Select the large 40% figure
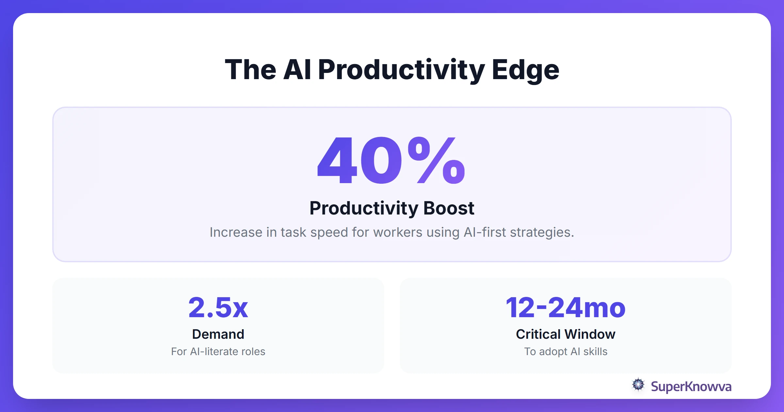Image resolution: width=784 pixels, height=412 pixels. tap(391, 160)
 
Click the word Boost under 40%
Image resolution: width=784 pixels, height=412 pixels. tap(449, 208)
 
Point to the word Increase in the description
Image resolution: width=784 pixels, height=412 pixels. tap(236, 232)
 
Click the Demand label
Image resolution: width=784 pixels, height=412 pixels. tap(218, 334)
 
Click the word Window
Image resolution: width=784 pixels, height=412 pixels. tap(590, 334)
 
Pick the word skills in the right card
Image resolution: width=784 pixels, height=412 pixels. tap(595, 352)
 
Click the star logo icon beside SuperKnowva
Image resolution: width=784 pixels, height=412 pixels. tap(638, 385)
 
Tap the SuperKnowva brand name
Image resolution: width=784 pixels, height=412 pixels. tap(691, 386)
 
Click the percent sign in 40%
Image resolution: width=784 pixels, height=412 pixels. tap(436, 160)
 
